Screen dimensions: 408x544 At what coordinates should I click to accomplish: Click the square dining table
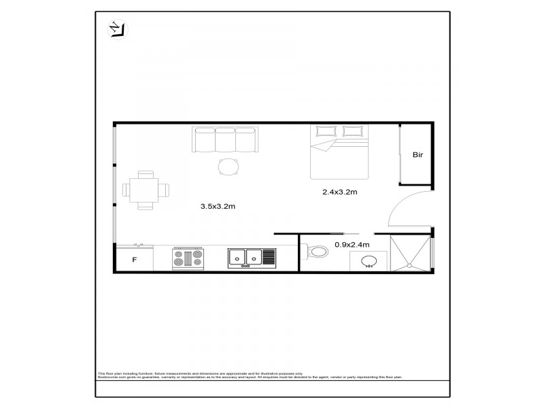pyautogui.click(x=144, y=189)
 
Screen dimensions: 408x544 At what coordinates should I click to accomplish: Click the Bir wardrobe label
pyautogui.click(x=418, y=155)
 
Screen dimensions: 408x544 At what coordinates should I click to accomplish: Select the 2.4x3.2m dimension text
pyautogui.click(x=339, y=192)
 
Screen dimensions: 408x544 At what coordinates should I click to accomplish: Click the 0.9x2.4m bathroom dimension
pyautogui.click(x=352, y=245)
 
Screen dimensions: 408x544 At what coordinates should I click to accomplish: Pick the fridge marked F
pyautogui.click(x=134, y=260)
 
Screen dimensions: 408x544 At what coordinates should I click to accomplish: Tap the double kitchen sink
pyautogui.click(x=245, y=257)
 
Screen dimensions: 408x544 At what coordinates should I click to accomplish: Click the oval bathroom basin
pyautogui.click(x=370, y=261)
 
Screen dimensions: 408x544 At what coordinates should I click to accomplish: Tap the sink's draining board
pyautogui.click(x=269, y=257)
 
